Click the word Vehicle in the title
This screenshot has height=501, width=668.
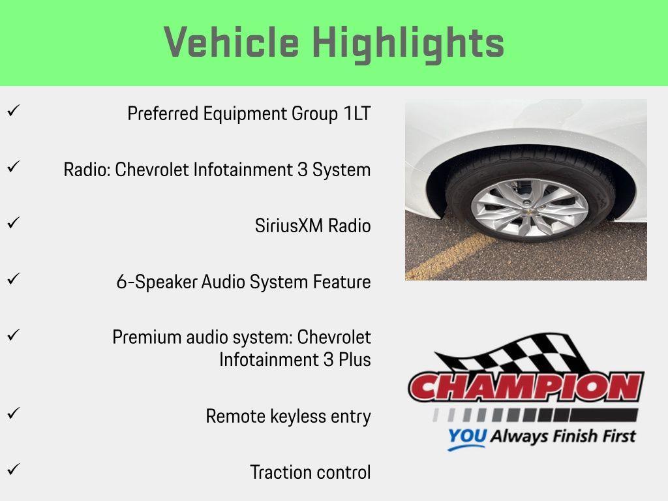click(x=232, y=43)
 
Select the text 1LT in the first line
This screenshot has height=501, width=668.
click(x=357, y=114)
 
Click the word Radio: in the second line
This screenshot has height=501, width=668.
click(x=87, y=170)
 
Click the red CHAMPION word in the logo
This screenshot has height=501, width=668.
click(x=526, y=388)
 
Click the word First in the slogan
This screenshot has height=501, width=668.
click(x=616, y=435)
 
